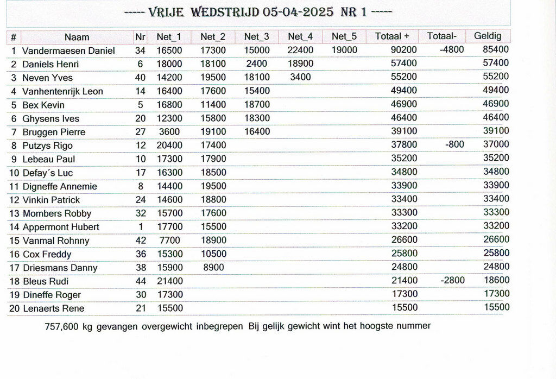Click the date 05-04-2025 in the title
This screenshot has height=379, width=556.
coord(298,12)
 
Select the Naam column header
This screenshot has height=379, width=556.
coord(77,37)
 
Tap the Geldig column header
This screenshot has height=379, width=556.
coord(488,36)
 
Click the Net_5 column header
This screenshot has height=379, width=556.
coord(344,36)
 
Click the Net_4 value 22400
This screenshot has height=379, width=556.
coord(300,50)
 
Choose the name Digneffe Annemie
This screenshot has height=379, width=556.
coord(60,186)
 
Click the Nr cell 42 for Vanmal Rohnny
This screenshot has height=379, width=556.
coord(141,241)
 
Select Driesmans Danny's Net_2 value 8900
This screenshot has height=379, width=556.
coord(213,267)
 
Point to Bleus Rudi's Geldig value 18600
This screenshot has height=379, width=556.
coord(496,281)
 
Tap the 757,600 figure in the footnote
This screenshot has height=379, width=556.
coord(61,326)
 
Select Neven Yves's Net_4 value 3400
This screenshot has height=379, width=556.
coord(300,77)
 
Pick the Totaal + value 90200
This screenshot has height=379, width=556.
coord(404,50)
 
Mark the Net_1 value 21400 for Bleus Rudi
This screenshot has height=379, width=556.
coord(169,281)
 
